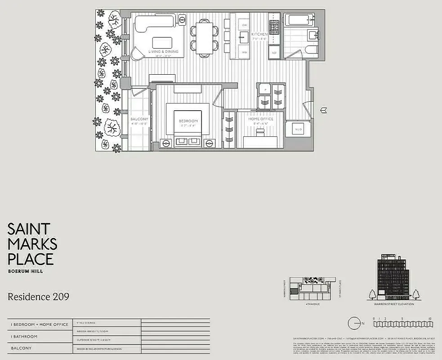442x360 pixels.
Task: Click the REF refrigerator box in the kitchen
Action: [274, 53]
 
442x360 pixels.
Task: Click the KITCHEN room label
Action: [259, 34]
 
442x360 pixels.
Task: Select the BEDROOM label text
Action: [188, 121]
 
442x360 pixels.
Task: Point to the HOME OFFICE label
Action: [261, 119]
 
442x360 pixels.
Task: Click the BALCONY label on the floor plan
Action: [139, 119]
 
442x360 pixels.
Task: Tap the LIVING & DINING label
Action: [163, 52]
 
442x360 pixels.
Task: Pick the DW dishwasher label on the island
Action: [245, 25]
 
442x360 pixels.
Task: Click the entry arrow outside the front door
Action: [324, 109]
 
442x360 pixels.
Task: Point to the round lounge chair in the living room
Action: [135, 53]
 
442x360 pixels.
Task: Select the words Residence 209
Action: [38, 297]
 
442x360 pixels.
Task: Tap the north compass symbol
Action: [355, 322]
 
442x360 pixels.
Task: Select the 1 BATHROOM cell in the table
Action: [25, 336]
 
